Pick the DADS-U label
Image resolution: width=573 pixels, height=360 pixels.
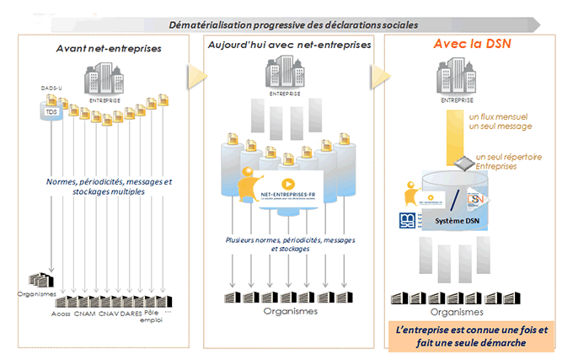(52, 88)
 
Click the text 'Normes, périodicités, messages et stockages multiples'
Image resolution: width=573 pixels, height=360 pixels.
(109, 186)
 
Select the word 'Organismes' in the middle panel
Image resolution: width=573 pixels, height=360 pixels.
(289, 311)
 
